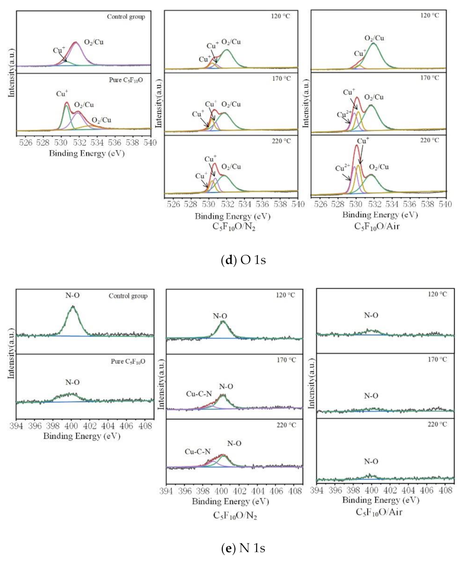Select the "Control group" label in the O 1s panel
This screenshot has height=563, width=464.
(x=126, y=17)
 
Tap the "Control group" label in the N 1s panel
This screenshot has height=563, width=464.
(x=128, y=296)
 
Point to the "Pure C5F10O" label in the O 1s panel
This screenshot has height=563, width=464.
(x=126, y=80)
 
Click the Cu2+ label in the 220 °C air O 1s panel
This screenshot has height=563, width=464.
(x=342, y=168)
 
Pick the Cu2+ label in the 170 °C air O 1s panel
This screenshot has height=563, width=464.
(x=344, y=114)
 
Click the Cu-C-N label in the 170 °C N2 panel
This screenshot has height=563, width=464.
(x=199, y=394)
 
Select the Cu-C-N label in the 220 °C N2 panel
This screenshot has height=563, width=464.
(x=197, y=452)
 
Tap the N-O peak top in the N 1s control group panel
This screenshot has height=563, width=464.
(x=73, y=306)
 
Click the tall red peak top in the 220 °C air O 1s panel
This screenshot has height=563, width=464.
(x=356, y=145)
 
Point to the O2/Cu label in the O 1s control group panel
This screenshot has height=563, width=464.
(x=94, y=42)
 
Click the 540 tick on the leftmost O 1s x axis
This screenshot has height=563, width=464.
(x=150, y=143)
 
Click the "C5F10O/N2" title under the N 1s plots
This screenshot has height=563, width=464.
(x=235, y=515)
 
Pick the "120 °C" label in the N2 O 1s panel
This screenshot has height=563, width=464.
(x=282, y=16)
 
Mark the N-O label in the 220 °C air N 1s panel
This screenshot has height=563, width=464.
(x=371, y=461)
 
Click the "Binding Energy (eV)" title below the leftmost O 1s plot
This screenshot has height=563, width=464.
(x=87, y=153)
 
